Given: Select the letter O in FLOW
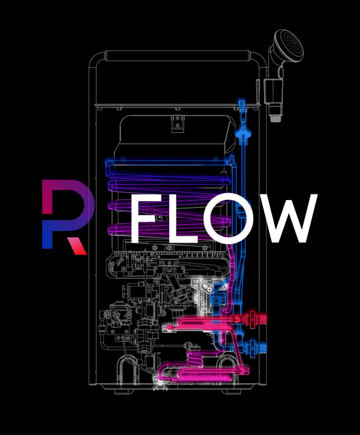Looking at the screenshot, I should coord(228,220).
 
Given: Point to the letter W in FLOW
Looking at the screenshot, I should coord(287,220).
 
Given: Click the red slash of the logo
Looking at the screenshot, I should coord(77,245).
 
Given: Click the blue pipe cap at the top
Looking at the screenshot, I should coord(242,105).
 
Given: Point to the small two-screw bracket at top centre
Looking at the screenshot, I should coord(178,122).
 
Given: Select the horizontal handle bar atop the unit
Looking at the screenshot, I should coord(178,55).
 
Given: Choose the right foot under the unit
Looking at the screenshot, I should coord(231,392).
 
